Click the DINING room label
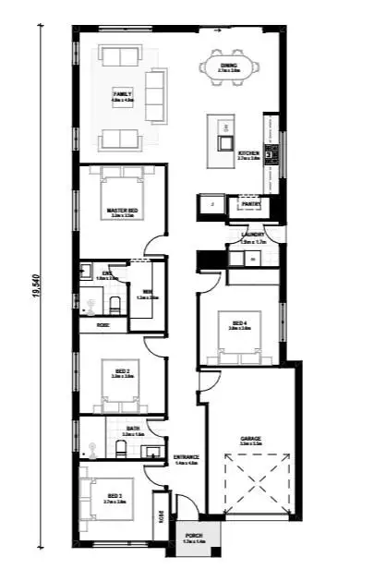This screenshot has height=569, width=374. (x=228, y=66)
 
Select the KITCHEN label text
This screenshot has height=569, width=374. (x=248, y=153)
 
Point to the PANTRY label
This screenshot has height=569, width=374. (x=251, y=204)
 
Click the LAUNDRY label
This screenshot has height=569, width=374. (x=253, y=235)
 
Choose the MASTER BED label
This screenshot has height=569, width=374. (x=122, y=211)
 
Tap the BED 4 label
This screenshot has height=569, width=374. (x=240, y=323)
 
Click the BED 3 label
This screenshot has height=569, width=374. (x=115, y=496)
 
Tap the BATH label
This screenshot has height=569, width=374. (x=134, y=429)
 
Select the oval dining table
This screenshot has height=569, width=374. (x=228, y=67)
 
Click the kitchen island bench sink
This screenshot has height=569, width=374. (x=222, y=142)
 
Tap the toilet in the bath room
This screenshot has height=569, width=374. (x=120, y=449)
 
